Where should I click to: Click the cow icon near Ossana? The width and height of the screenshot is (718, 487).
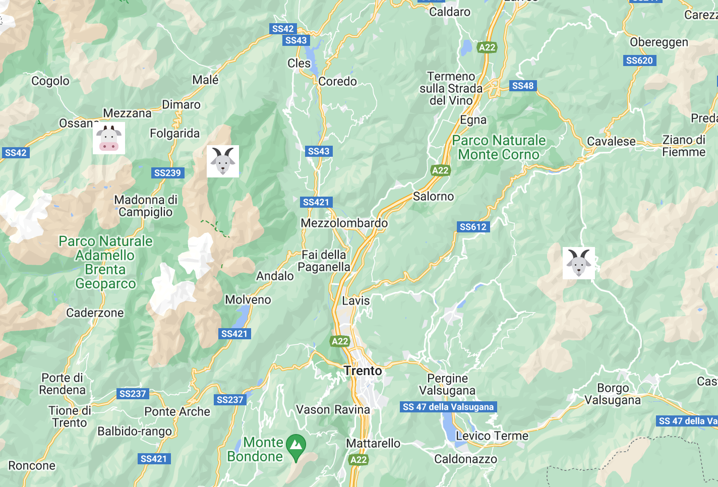point(109,138)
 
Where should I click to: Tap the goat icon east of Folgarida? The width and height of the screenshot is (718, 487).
point(223,161)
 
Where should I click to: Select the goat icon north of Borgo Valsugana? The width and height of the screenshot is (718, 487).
point(579,263)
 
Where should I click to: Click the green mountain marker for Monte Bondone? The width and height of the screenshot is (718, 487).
point(296,446)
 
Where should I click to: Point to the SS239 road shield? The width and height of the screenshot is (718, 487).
point(167,173)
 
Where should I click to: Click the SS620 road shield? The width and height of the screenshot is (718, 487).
point(639,60)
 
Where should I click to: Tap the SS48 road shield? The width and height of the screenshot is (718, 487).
point(523,86)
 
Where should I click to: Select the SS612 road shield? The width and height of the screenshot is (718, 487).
point(473,227)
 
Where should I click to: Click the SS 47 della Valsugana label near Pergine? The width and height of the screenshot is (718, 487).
point(448,407)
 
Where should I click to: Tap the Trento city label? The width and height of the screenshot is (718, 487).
point(363,371)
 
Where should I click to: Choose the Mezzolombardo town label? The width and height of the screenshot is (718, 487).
point(344,223)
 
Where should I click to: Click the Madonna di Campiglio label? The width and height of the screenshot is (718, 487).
point(146,206)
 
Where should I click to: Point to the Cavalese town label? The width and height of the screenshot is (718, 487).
point(611,142)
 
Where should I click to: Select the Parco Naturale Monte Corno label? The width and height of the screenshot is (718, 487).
point(499,147)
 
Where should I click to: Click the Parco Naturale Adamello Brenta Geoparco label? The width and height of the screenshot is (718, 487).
point(105,262)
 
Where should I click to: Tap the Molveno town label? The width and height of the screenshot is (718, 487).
point(248,300)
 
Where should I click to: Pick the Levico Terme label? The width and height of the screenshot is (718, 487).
point(492,436)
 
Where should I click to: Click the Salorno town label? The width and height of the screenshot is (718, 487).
point(433,197)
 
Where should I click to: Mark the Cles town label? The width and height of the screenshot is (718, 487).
point(299,64)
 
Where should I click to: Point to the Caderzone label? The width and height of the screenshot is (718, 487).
point(95,313)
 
